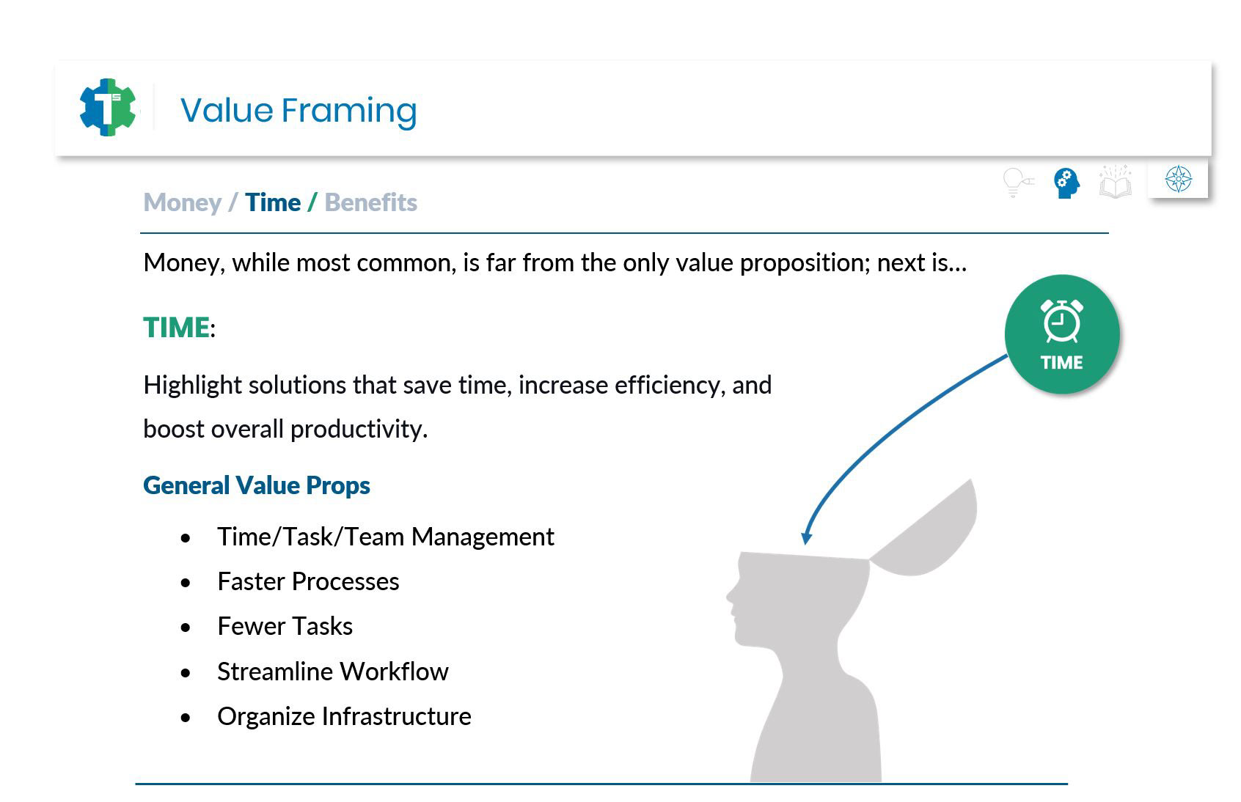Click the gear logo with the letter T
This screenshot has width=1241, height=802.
tap(108, 108)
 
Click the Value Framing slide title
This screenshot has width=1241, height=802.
tap(299, 110)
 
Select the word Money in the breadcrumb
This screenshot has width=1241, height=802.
tap(183, 203)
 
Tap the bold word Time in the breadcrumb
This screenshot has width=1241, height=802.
tap(273, 202)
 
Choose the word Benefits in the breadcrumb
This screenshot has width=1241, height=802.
tap(370, 202)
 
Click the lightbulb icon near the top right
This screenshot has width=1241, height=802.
tap(1018, 183)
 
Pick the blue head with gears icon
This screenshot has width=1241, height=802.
tap(1066, 183)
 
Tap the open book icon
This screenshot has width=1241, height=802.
tap(1115, 181)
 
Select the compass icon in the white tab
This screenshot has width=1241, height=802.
tap(1179, 179)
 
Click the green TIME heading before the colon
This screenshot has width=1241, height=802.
tap(176, 328)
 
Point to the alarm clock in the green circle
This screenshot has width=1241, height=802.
tap(1062, 321)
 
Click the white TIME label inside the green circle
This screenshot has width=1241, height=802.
tap(1061, 362)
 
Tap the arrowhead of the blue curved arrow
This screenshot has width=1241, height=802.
tap(807, 538)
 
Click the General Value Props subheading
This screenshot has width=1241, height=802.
tap(257, 485)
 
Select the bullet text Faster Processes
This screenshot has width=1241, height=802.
tap(308, 581)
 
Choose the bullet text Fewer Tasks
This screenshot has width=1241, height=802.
tap(285, 626)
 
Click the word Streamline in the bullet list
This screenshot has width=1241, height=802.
tap(275, 672)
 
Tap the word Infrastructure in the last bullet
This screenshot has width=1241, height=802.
tap(397, 716)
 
